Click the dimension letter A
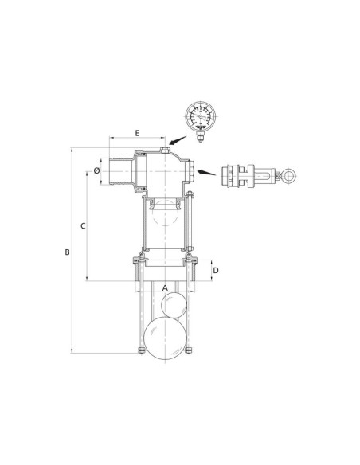[x=165, y=287]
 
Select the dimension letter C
[x=83, y=226]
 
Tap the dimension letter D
[x=217, y=271]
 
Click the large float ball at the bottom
[x=166, y=340]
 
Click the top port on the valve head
[x=165, y=149]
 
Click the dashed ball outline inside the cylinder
[x=165, y=214]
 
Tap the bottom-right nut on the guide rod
[x=190, y=354]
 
